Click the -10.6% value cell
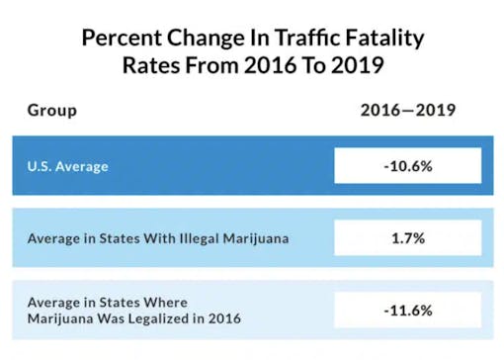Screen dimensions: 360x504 [x=407, y=165]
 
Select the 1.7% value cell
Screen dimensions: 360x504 [x=407, y=237]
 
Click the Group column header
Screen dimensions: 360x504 [x=52, y=110]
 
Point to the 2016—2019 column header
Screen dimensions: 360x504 [x=407, y=110]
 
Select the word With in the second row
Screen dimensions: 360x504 [x=142, y=237]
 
